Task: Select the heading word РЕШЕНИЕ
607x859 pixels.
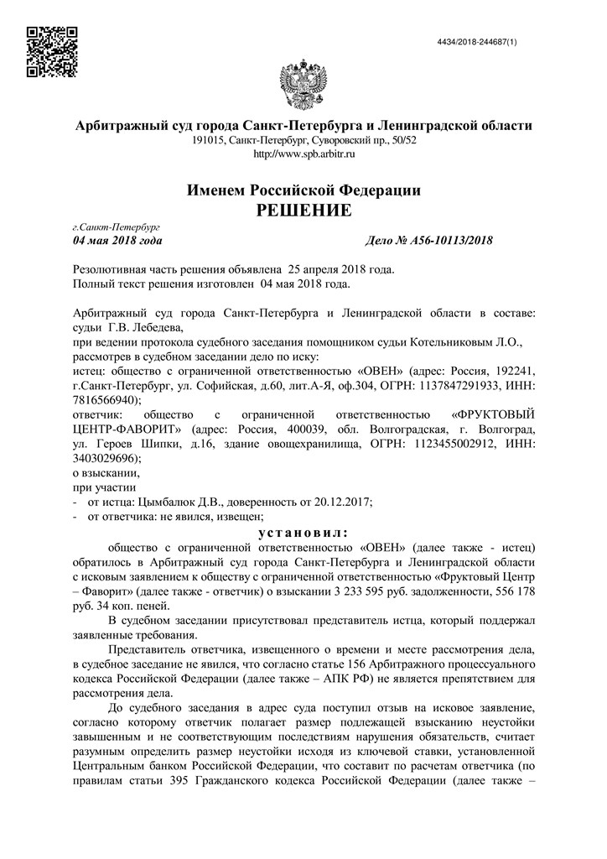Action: click(x=303, y=209)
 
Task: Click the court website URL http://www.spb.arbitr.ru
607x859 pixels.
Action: click(x=303, y=154)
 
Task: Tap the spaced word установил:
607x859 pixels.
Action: click(x=303, y=532)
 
